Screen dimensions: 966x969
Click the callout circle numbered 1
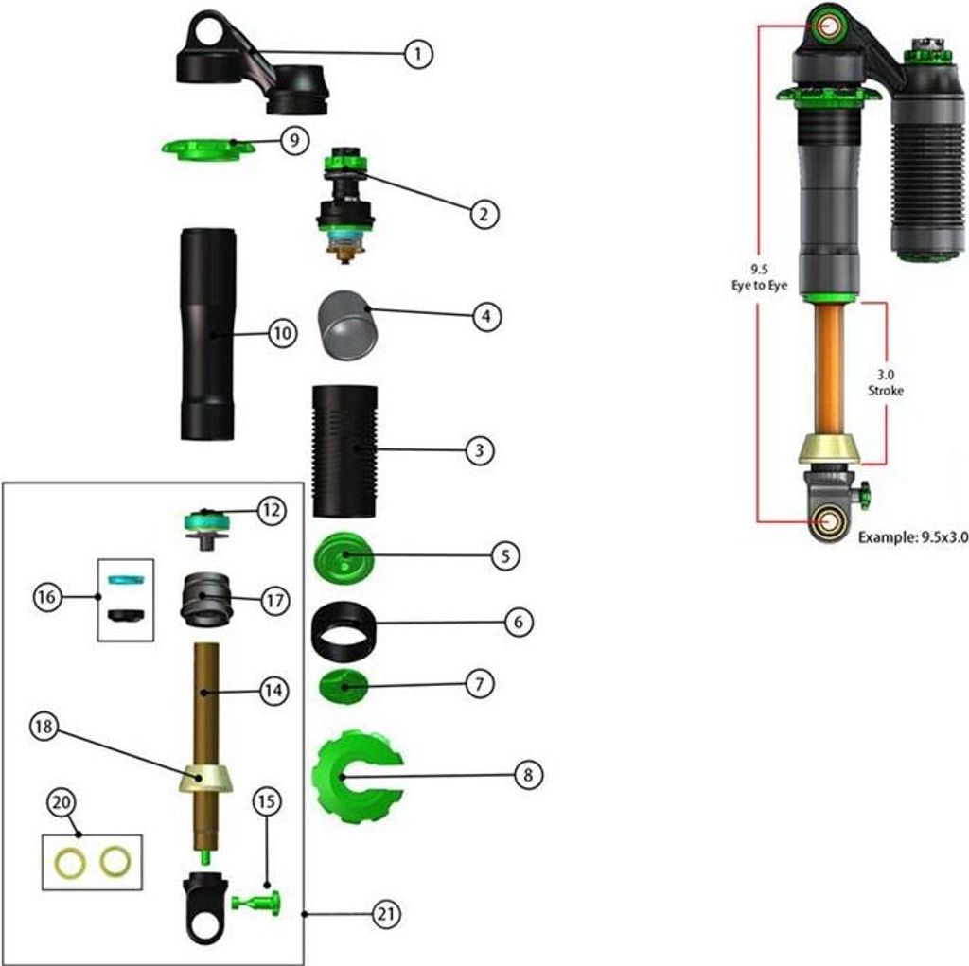(415, 54)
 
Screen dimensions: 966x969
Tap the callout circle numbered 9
(294, 140)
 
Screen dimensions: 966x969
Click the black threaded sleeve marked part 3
(344, 450)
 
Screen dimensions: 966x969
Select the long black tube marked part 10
(208, 334)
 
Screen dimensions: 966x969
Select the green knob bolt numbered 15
(259, 901)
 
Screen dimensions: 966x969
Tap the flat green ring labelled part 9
(203, 149)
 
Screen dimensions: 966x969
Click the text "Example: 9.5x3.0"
(913, 536)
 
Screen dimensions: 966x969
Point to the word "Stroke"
(885, 390)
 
